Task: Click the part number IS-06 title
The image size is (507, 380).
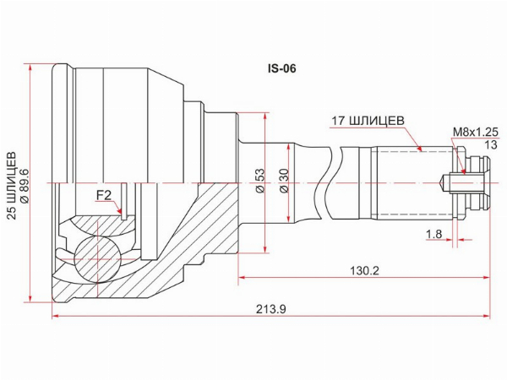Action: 281,68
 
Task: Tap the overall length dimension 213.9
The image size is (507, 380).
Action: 271,309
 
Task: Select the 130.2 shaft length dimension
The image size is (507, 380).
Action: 364,270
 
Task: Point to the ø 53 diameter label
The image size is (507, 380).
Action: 260,180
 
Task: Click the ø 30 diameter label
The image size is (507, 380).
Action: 285,180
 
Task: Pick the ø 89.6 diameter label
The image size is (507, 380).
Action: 25,186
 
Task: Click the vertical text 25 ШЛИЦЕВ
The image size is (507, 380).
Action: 12,186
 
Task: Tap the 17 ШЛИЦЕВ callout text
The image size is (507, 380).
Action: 368,121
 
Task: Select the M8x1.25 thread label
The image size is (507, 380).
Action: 476,132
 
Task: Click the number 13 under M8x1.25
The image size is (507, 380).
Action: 491,144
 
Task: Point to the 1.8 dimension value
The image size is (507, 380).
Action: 434,234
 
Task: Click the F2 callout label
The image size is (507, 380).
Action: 104,195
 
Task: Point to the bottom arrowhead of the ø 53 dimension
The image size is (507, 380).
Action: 265,249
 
